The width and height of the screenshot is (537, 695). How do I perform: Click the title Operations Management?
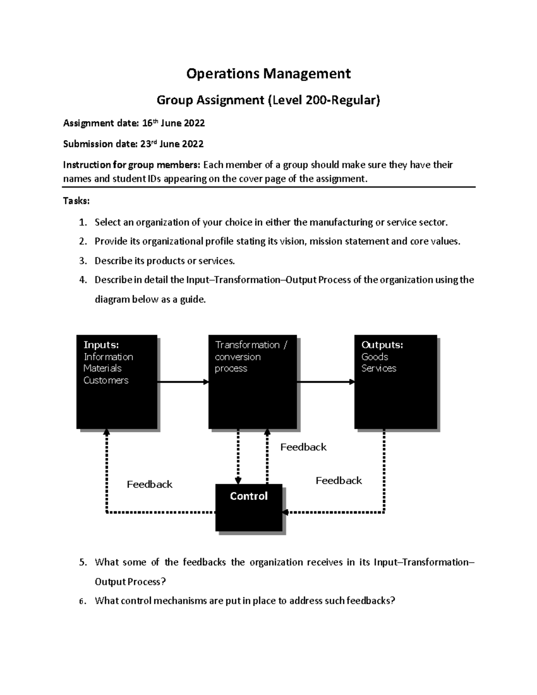[268, 73]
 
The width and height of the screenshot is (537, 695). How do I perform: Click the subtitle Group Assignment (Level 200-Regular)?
[268, 100]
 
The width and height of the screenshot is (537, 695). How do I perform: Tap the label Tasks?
[76, 201]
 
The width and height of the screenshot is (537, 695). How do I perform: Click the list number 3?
[82, 261]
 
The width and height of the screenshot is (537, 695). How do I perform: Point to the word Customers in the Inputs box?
[106, 380]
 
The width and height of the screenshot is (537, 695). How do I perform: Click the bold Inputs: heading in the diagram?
[101, 345]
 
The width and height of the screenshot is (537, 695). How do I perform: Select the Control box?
[249, 507]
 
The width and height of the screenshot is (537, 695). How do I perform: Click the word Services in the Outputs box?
[379, 368]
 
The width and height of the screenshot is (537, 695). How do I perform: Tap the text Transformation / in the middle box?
[251, 345]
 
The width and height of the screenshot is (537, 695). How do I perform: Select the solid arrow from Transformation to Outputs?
[325, 382]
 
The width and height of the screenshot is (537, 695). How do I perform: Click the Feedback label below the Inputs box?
[149, 485]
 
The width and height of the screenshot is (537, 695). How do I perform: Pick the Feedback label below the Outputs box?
[339, 481]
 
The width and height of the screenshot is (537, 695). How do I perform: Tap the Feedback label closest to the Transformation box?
[303, 447]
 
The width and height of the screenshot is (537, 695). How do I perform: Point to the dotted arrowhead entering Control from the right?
[286, 512]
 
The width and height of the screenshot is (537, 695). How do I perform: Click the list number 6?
[82, 601]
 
